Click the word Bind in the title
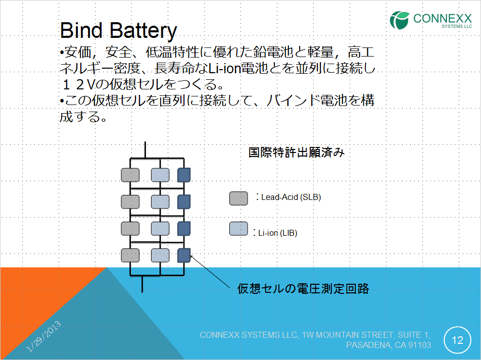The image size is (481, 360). point(81,30)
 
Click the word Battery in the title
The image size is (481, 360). point(143,32)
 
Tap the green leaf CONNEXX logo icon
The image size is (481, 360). point(399,20)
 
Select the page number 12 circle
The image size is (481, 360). point(457,340)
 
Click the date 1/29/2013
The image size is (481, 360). point(43,336)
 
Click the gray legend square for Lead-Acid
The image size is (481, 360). point(238,198)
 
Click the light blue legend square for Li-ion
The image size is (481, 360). point(238,229)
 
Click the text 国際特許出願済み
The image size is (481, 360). point(296,152)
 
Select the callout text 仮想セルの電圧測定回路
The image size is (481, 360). point(303,288)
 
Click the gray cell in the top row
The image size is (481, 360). point(130,175)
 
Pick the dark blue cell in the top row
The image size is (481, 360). point(184,175)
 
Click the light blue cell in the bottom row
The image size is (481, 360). point(160,255)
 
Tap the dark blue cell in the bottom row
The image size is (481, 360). point(184,255)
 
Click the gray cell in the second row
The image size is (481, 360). point(130,202)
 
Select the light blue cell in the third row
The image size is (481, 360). point(160,228)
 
